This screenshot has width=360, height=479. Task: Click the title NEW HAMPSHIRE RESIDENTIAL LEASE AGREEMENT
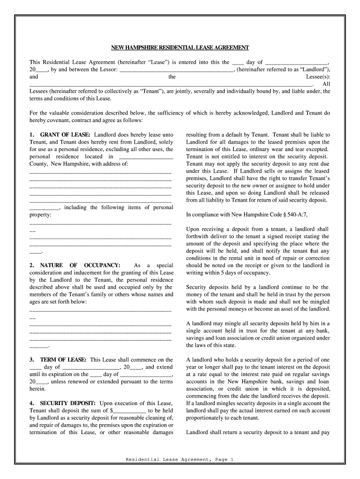tap(180, 48)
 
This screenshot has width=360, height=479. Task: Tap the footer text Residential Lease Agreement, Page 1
tap(180, 459)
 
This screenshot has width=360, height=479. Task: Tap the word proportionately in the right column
tap(209, 418)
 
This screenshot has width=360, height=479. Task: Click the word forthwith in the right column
tap(201, 236)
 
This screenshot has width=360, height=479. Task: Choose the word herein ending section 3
tap(37, 389)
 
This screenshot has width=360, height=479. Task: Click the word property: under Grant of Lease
tap(40, 215)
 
